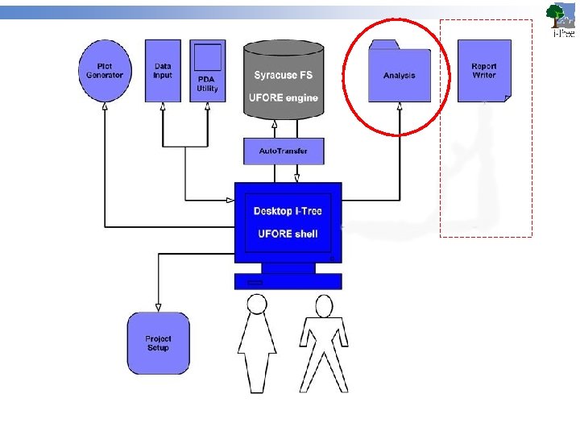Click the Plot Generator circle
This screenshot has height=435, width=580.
(106, 72)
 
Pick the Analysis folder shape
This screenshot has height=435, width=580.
(400, 74)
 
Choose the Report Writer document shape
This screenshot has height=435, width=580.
(484, 71)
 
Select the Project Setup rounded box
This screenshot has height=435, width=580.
(158, 342)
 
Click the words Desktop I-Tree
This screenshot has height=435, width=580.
(288, 211)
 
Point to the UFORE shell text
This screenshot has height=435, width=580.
(288, 234)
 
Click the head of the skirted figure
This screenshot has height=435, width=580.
(257, 304)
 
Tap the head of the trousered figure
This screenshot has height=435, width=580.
(324, 306)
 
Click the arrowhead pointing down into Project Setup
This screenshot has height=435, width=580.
(158, 307)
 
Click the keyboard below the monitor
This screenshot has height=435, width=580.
(288, 281)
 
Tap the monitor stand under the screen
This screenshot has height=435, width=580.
(288, 267)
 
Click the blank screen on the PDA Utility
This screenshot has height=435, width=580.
(208, 57)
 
